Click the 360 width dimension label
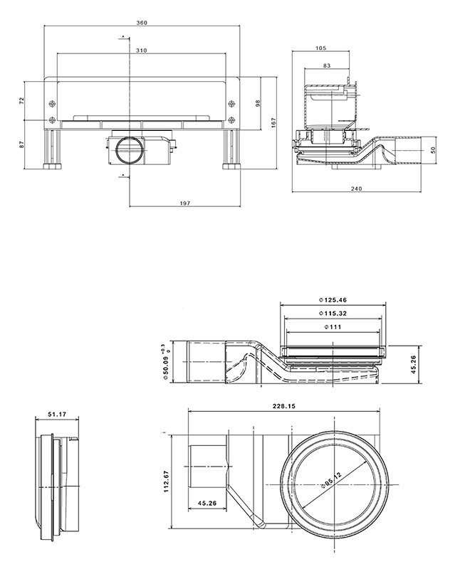[x=142, y=23]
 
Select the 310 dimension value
[x=141, y=50]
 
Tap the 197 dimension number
[x=185, y=203]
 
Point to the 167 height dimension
[x=273, y=122]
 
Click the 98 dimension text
[x=258, y=103]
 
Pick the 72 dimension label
[x=21, y=100]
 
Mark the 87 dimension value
[x=21, y=144]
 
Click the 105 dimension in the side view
[x=321, y=48]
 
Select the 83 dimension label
[x=327, y=65]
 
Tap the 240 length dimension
[x=357, y=188]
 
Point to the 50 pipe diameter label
[x=433, y=150]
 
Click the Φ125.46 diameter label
[x=333, y=299]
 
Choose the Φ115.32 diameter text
[x=333, y=313]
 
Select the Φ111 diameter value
[x=333, y=327]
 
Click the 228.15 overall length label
[x=284, y=406]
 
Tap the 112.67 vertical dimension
[x=166, y=482]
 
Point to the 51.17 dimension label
[x=57, y=413]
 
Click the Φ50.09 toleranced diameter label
[x=165, y=361]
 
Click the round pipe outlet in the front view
[x=130, y=149]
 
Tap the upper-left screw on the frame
[x=52, y=104]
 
